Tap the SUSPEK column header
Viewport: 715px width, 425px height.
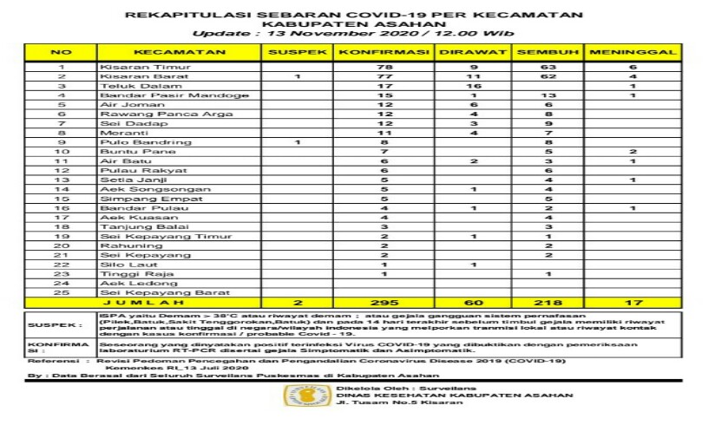coord(297,53)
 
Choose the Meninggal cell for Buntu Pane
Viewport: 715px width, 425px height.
coord(633,151)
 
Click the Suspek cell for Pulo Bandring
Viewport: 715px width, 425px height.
coord(297,141)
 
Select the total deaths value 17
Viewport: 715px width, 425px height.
coord(633,303)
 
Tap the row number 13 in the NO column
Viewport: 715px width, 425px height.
coord(62,180)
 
